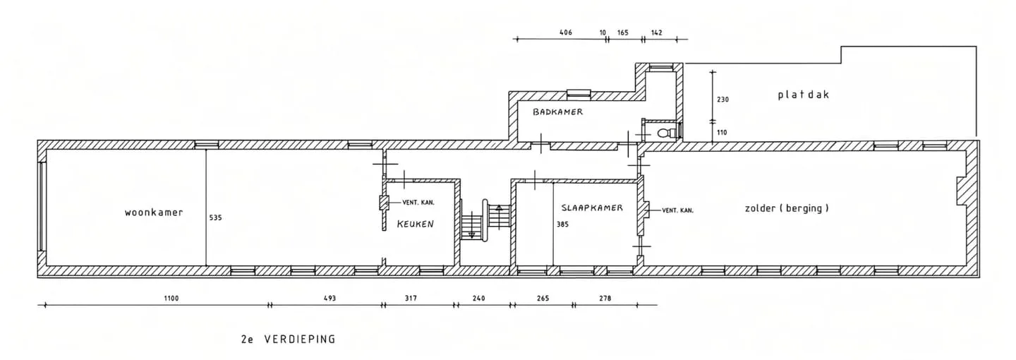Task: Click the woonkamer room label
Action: point(154,212)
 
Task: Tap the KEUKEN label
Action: point(416,224)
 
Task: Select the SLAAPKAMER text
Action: point(592,208)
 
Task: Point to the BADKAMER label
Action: point(557,112)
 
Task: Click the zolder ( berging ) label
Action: point(787,208)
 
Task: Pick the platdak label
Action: point(804,95)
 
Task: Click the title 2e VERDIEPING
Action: point(289,339)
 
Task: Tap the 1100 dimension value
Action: point(171,299)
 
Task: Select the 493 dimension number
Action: point(329,299)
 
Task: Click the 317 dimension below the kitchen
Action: point(411,299)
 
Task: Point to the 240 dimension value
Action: point(478,299)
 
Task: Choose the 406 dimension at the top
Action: point(566,32)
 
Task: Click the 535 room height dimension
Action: point(215,218)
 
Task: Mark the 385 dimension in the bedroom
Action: point(562,224)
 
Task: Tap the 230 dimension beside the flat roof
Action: point(722,100)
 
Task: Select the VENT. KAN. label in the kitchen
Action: point(418,203)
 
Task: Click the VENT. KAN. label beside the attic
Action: point(677,210)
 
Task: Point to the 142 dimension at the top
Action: point(656,32)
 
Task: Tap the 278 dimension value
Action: point(605,299)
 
